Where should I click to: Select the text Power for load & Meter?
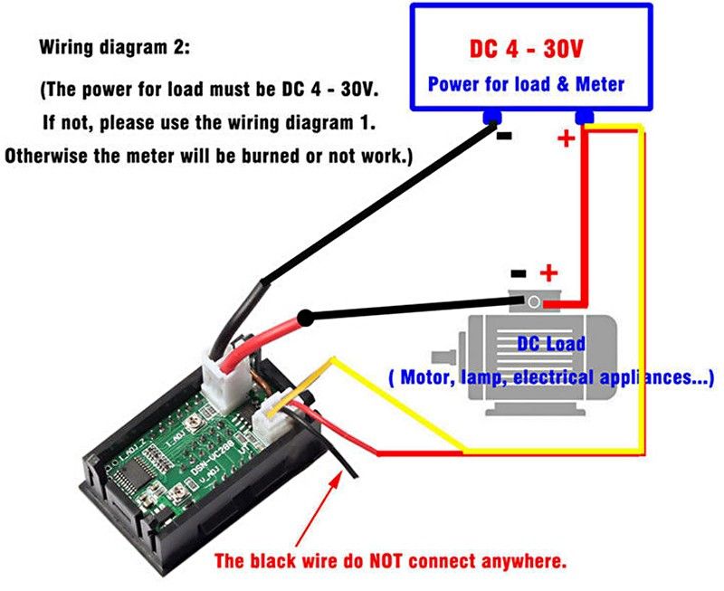pyautogui.click(x=526, y=84)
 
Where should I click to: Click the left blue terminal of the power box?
pyautogui.click(x=492, y=117)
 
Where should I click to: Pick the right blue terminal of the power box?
pyautogui.click(x=584, y=117)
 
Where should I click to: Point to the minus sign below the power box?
pyautogui.click(x=504, y=137)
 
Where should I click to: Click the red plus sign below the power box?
pyautogui.click(x=566, y=138)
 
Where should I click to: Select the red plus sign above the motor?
pyautogui.click(x=548, y=272)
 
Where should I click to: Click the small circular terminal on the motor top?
pyautogui.click(x=535, y=301)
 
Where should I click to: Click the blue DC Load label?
pyautogui.click(x=551, y=344)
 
